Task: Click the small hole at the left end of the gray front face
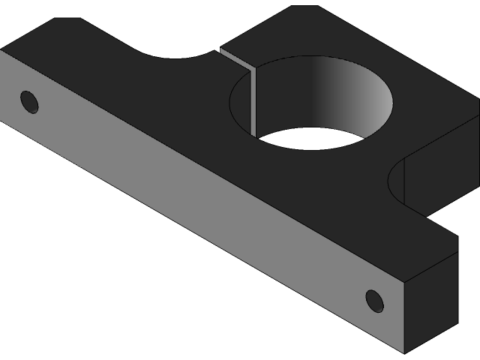pyautogui.click(x=29, y=101)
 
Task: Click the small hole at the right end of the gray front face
pyautogui.click(x=374, y=301)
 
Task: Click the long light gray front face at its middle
pyautogui.click(x=202, y=202)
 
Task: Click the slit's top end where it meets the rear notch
pyautogui.click(x=221, y=51)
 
